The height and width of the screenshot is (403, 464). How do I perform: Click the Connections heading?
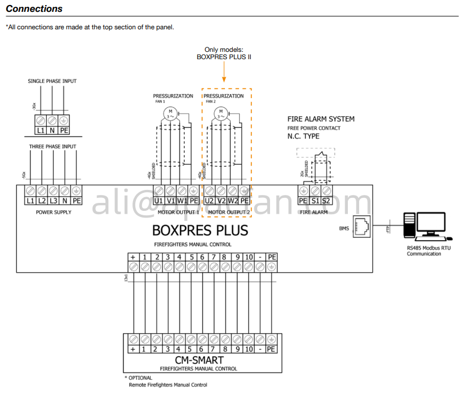[34, 9]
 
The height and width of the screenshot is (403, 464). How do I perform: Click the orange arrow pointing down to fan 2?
[224, 73]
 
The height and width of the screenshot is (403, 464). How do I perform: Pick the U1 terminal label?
[158, 200]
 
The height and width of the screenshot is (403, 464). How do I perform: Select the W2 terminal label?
[232, 200]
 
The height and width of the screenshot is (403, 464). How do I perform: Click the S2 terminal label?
[326, 200]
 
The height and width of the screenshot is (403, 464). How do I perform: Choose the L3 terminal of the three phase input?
[53, 200]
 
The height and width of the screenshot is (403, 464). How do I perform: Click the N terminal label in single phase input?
[52, 130]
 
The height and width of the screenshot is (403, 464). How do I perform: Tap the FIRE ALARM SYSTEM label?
[321, 119]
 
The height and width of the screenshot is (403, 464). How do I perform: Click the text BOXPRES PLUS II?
[224, 57]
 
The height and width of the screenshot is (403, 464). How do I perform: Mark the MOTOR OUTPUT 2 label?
[228, 212]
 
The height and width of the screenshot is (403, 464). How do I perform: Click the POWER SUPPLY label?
[54, 212]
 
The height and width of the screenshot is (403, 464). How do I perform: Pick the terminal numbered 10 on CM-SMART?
[248, 349]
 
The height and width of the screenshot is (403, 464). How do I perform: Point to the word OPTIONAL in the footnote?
[140, 378]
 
